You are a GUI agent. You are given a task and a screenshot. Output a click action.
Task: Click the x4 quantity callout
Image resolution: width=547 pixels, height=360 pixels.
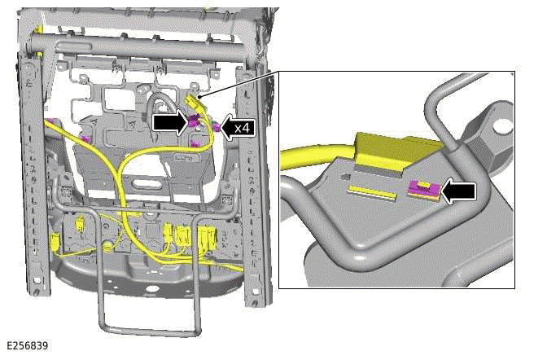pos(242,128)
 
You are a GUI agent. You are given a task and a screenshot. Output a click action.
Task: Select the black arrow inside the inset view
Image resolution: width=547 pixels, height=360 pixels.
pos(458,191)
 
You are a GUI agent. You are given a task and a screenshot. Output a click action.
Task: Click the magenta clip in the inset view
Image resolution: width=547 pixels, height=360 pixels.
pos(424,191)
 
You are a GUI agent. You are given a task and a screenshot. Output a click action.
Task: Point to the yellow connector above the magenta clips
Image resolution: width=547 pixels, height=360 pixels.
pos(195,103)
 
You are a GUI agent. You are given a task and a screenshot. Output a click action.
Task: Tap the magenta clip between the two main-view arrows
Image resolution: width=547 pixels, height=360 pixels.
pos(195,123)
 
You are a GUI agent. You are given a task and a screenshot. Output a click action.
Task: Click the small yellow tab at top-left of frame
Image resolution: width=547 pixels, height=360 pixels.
pos(39,30)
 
